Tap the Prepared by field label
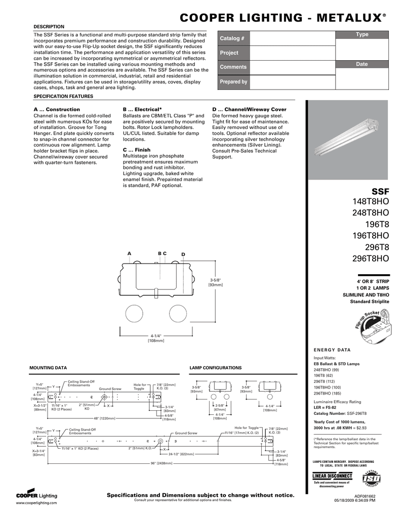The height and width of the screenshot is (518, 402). pos(233,81)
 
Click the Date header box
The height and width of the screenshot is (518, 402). pos(362,64)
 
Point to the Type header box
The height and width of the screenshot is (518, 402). pos(362,34)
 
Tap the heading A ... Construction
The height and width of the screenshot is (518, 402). pos(57,109)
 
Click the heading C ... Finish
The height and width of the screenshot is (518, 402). pos(137,150)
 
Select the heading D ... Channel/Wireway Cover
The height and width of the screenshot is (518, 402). pos(249,109)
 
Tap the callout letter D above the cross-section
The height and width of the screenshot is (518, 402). pos(183,253)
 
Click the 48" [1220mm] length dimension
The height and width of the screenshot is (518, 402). pos(104,418)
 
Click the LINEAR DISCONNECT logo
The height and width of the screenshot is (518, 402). pos(332,476)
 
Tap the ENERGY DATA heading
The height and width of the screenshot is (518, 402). pos(332,350)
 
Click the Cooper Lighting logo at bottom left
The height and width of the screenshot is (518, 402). pos(36,494)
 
